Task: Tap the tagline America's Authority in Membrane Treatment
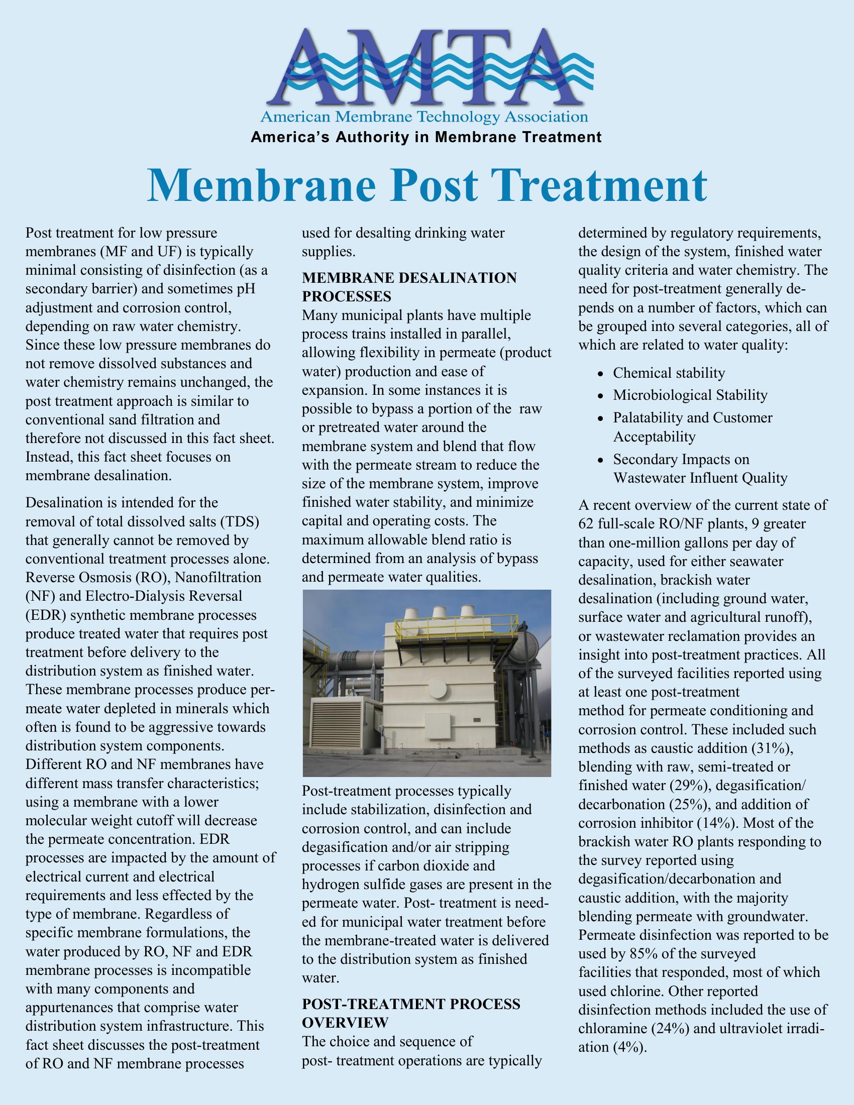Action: (x=426, y=137)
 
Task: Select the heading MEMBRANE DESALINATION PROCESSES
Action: (x=409, y=286)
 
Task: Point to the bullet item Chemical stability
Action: (x=669, y=373)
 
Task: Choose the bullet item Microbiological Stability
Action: (x=690, y=395)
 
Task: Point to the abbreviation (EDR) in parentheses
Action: (x=43, y=615)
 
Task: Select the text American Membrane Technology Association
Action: (x=424, y=118)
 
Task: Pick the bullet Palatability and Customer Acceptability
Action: (x=693, y=426)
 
